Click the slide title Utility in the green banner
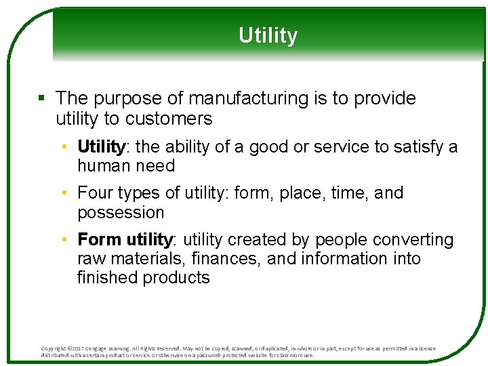point(268,35)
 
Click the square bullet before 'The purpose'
point(42,99)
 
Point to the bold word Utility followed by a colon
point(101,147)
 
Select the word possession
point(121,213)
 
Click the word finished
point(108,278)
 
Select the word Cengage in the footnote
point(104,348)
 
